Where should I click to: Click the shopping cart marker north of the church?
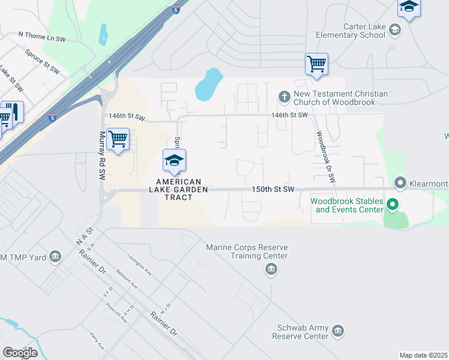point(316,64)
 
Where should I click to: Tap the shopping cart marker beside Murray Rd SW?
point(118,139)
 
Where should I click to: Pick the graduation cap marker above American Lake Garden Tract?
point(174,161)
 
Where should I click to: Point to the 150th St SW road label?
point(273,190)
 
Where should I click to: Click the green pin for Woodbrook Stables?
point(393,205)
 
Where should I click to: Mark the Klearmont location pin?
point(400,182)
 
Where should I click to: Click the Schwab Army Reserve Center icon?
point(338,331)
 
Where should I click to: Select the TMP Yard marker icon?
point(55,257)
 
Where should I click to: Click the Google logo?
point(20,352)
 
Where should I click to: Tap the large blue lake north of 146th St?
point(208,85)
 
